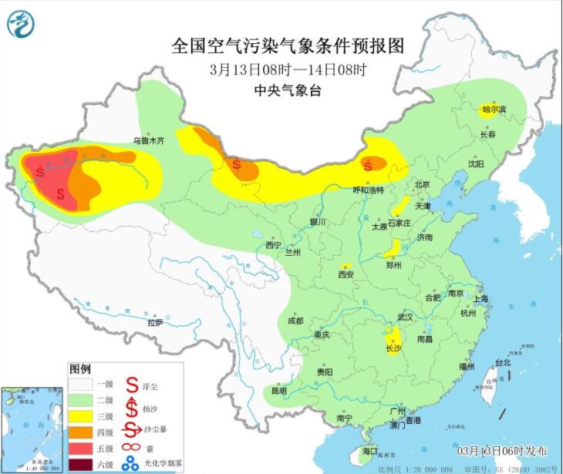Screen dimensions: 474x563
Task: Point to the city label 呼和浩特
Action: (x=368, y=190)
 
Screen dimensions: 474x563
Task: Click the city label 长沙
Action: (x=393, y=348)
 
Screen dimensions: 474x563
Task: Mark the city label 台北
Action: (x=502, y=362)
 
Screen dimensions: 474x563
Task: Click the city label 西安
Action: (x=345, y=274)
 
